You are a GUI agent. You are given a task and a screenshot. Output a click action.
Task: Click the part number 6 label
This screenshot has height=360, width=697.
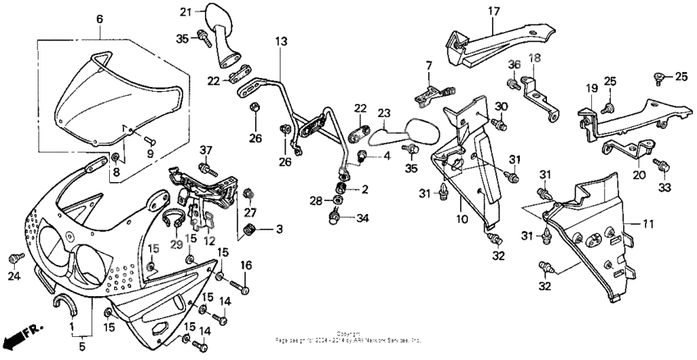click(x=100, y=18)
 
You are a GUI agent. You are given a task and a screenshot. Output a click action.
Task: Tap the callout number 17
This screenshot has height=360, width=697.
click(x=494, y=11)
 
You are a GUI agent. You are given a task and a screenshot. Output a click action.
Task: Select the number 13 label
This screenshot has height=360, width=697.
click(x=281, y=40)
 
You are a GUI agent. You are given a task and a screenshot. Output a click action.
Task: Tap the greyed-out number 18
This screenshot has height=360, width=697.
click(x=535, y=58)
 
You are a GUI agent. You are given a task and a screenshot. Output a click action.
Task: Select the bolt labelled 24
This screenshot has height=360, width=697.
click(x=13, y=258)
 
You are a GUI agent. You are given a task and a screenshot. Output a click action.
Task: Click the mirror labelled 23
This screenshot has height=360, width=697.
click(x=423, y=129)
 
